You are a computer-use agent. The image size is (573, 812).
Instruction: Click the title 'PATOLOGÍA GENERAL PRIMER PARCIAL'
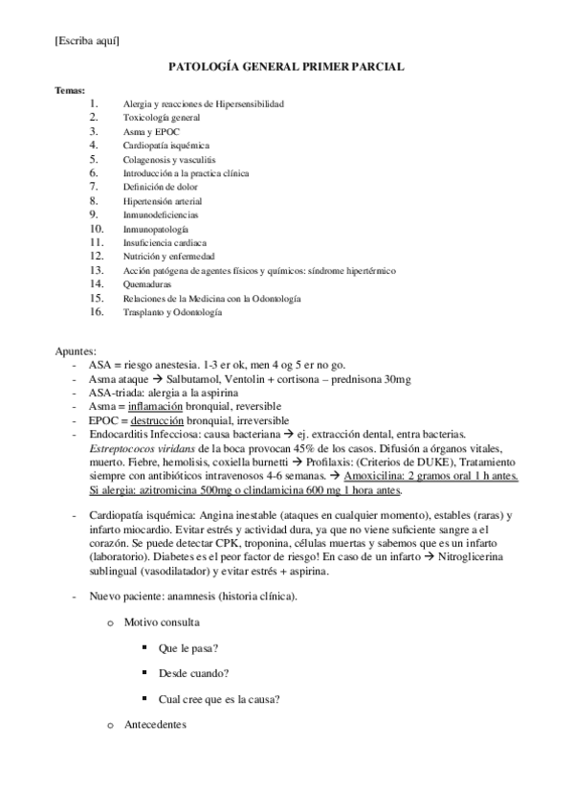[286, 68]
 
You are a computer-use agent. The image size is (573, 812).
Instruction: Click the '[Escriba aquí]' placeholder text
[87, 39]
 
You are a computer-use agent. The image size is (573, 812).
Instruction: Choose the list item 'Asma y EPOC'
[151, 131]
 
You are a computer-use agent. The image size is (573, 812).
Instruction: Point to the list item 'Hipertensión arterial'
[163, 201]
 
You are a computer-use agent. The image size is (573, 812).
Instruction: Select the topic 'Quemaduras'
[149, 284]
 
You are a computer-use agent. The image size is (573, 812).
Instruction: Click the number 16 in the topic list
[96, 312]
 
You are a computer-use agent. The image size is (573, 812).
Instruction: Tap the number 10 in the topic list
[96, 229]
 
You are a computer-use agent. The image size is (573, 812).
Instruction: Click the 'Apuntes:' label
[76, 352]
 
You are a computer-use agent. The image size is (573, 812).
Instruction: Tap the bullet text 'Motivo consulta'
[161, 622]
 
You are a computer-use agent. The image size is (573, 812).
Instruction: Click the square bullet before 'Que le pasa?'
[142, 647]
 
